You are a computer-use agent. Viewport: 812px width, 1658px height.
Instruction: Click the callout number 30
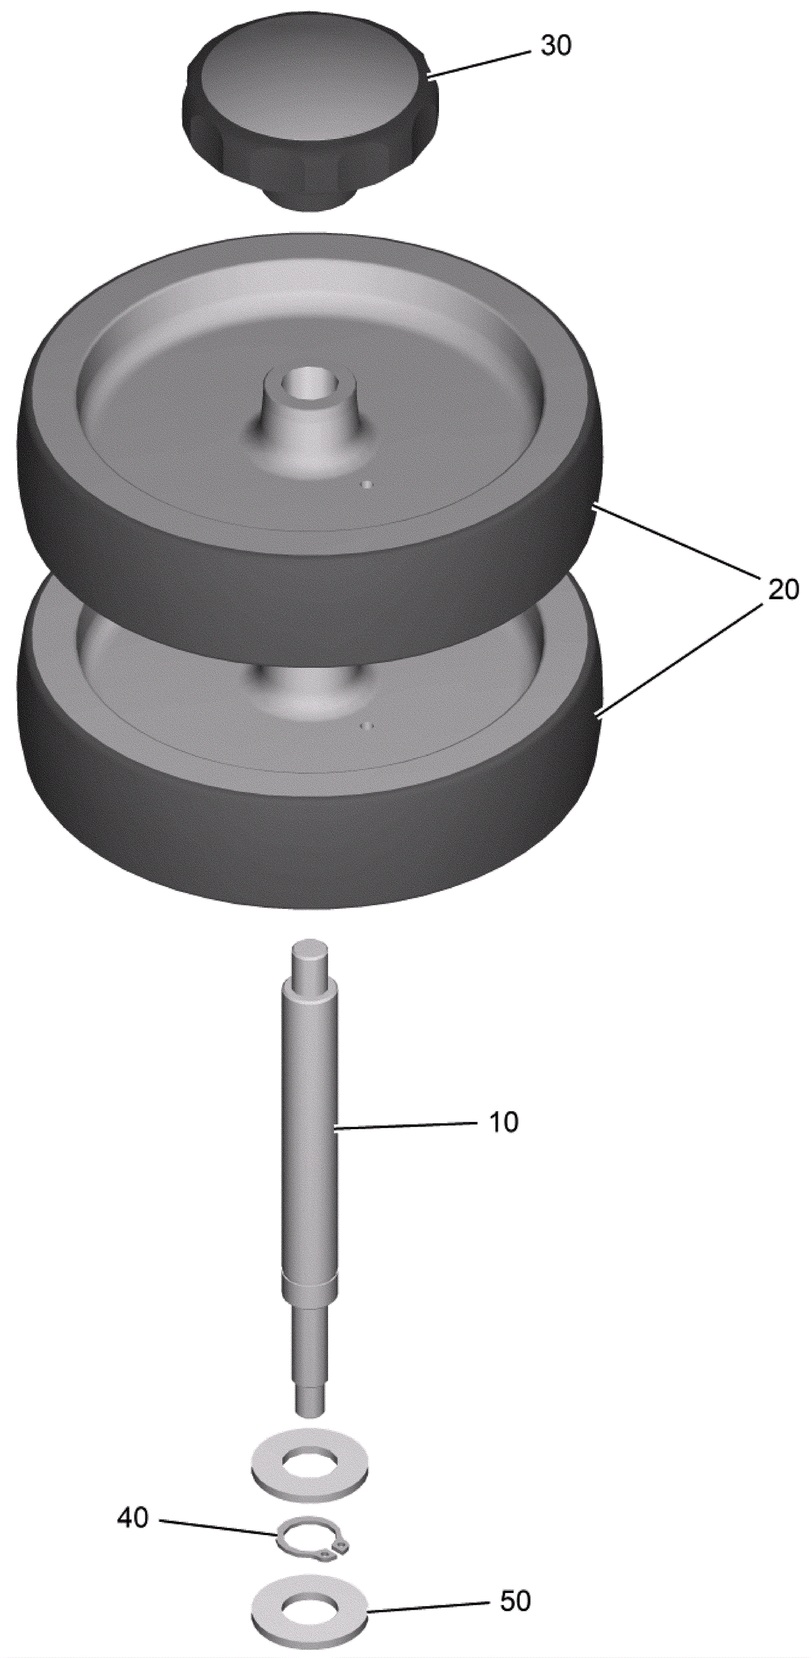point(555,46)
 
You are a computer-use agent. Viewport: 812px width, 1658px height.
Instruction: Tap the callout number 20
point(782,590)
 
